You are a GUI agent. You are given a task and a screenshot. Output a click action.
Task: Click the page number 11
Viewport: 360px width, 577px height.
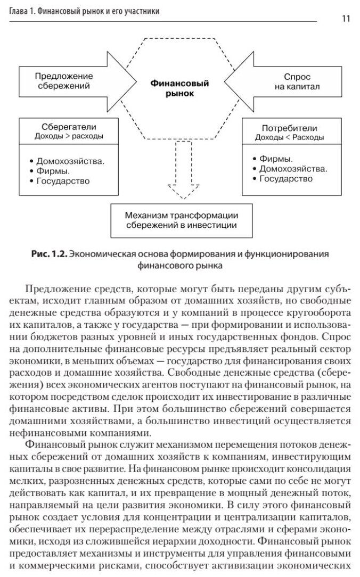pos(346,19)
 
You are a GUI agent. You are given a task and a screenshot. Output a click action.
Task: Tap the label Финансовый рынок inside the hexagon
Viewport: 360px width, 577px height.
pos(179,88)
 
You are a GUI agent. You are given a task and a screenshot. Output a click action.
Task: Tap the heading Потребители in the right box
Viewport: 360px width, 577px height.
pos(289,128)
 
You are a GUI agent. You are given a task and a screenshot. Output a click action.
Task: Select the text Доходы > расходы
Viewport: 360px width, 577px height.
pos(64,136)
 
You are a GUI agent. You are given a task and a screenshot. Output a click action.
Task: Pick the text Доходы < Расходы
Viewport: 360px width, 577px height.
pos(289,137)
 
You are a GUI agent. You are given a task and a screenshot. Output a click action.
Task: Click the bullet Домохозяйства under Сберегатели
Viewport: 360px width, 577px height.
pos(70,161)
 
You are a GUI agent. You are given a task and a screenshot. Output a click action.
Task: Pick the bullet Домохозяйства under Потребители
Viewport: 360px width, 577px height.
pos(293,169)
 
